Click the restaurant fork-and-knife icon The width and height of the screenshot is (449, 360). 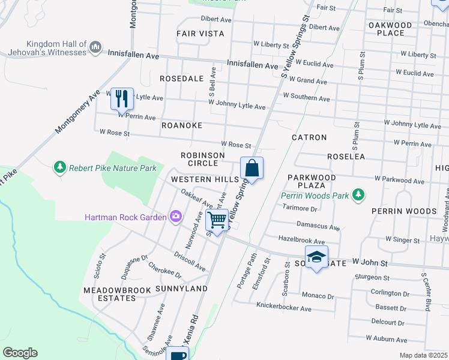click(x=122, y=98)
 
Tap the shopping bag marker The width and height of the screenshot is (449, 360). click(x=252, y=169)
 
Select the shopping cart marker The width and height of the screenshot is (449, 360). click(x=217, y=220)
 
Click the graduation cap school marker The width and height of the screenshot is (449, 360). click(x=316, y=257)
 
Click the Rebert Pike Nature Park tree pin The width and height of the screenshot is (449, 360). click(x=59, y=167)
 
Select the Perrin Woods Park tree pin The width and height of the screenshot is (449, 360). click(x=358, y=194)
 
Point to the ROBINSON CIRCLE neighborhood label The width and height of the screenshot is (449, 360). click(x=203, y=159)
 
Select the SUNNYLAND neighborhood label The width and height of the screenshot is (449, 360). click(x=181, y=289)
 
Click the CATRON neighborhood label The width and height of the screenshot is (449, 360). click(x=309, y=137)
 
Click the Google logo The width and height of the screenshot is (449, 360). click(x=20, y=353)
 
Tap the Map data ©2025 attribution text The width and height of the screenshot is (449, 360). click(x=423, y=355)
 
